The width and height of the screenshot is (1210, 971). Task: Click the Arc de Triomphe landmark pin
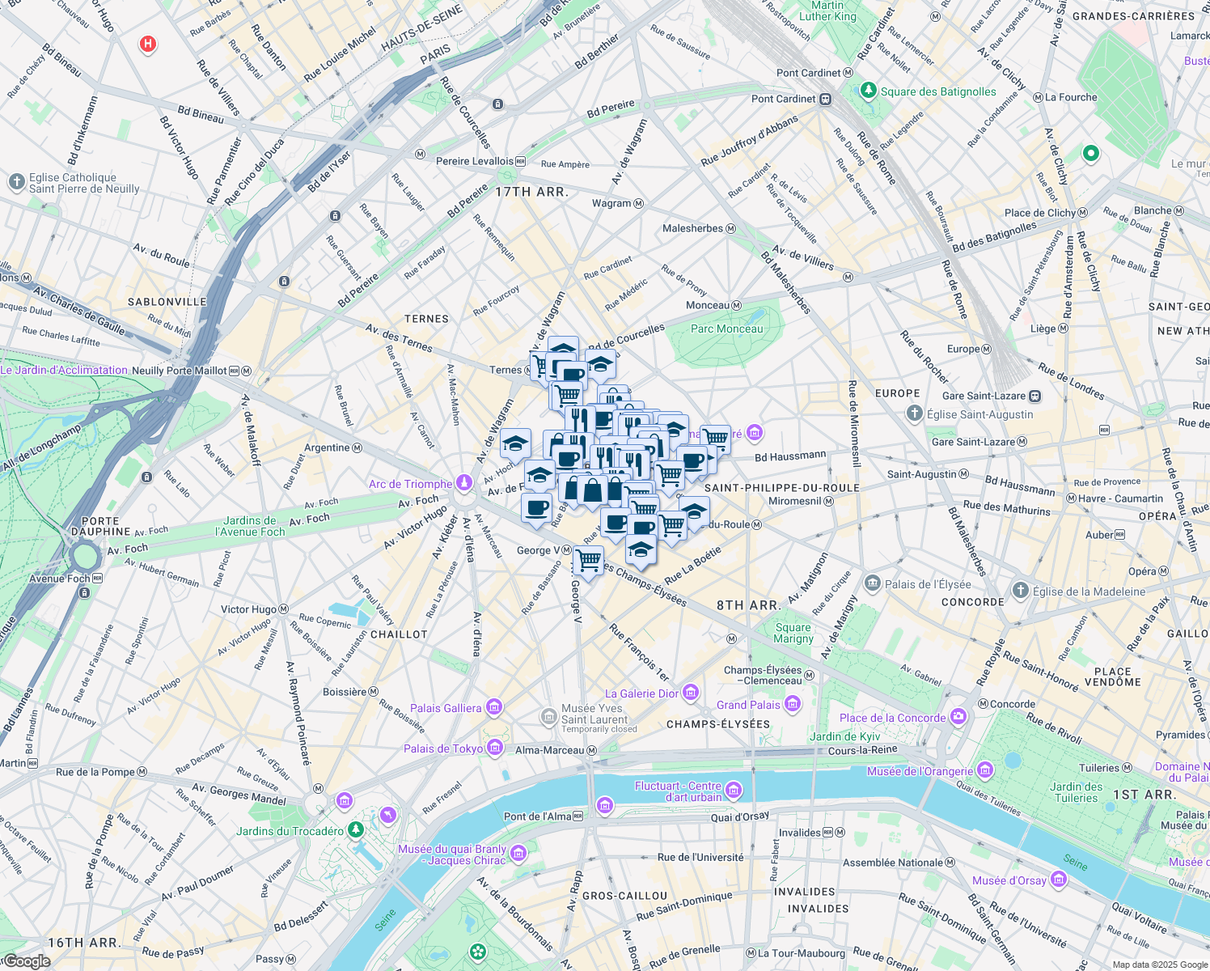[x=463, y=483]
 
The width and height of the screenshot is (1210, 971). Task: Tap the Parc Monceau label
[x=726, y=329]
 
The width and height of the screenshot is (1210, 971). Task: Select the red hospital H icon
[x=147, y=44]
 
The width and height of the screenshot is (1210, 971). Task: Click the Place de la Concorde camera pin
[x=958, y=717]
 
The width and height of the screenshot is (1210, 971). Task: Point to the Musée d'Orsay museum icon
[x=1059, y=880]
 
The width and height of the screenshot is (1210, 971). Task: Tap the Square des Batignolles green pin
[x=869, y=91]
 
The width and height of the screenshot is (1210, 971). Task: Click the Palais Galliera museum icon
[x=493, y=708]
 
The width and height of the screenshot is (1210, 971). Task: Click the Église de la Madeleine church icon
[x=1021, y=591]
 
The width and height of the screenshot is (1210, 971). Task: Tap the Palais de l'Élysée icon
[x=872, y=583]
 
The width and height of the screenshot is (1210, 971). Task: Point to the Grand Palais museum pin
[x=793, y=704]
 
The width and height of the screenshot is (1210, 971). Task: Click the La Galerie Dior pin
[x=690, y=693]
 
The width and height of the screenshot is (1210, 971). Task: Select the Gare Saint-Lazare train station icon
[x=1034, y=396]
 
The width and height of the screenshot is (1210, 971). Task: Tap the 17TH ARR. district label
[x=531, y=192]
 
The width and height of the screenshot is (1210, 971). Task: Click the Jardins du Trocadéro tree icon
[x=355, y=830]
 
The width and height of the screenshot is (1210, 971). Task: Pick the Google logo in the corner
[x=26, y=961]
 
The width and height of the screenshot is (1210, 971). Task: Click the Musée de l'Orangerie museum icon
[x=985, y=770]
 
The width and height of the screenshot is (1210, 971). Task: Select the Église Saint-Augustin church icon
[x=914, y=413]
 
